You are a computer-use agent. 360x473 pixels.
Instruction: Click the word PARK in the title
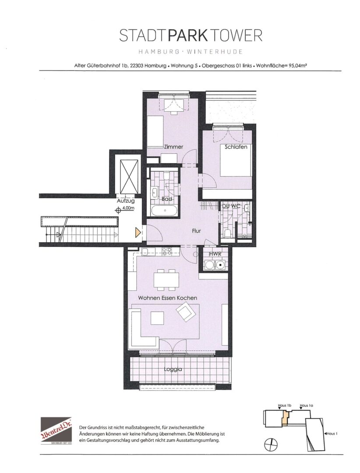click(x=187, y=35)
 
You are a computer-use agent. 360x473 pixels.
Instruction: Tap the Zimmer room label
click(x=173, y=147)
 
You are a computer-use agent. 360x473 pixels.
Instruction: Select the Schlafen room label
click(x=236, y=147)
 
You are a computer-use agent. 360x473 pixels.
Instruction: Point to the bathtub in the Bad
click(x=165, y=210)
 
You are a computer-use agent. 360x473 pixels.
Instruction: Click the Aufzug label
click(x=126, y=201)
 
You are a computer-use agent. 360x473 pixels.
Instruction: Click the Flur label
click(x=197, y=231)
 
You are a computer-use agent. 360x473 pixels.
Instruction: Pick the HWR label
click(x=215, y=254)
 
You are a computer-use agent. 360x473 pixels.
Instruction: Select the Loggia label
click(x=173, y=369)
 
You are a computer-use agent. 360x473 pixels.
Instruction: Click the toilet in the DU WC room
click(x=228, y=233)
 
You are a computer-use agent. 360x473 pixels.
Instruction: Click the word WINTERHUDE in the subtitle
click(x=215, y=52)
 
